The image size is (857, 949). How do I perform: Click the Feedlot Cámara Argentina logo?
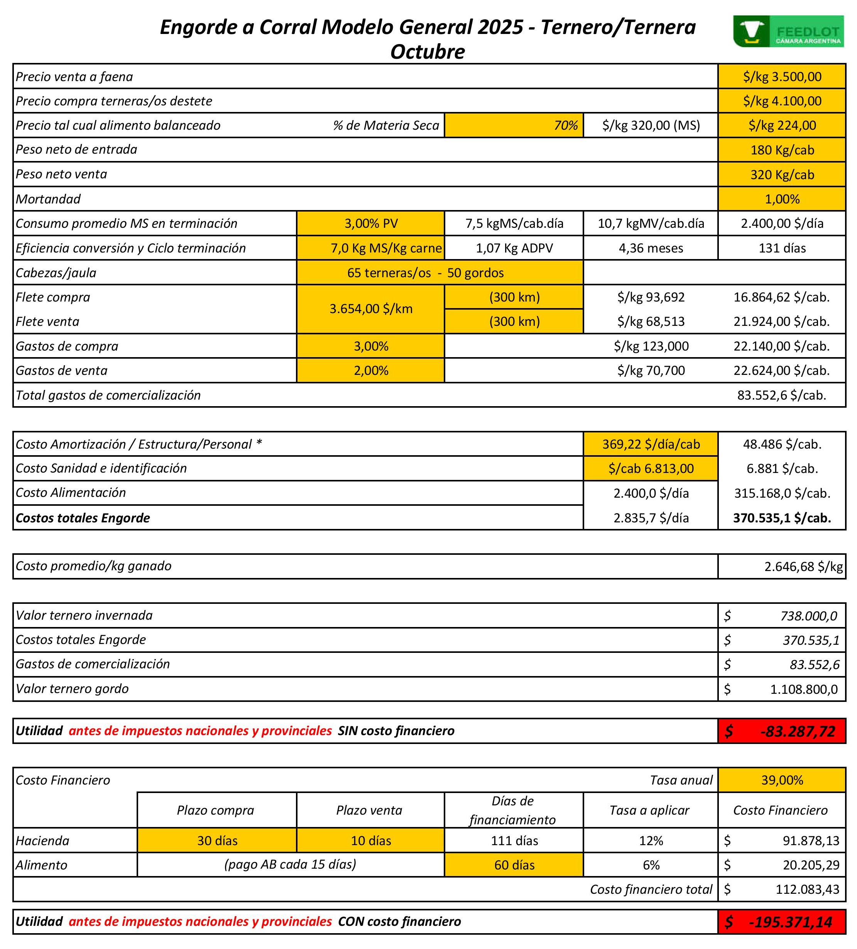pyautogui.click(x=788, y=32)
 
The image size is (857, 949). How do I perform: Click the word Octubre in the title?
pyautogui.click(x=427, y=51)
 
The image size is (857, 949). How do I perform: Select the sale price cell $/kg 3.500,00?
pyautogui.click(x=782, y=77)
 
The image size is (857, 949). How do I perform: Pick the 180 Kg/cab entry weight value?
pyautogui.click(x=782, y=150)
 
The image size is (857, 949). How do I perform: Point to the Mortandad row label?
pyautogui.click(x=49, y=199)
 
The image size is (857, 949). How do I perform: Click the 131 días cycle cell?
pyautogui.click(x=782, y=248)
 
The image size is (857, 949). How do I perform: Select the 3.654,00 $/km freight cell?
pyautogui.click(x=371, y=309)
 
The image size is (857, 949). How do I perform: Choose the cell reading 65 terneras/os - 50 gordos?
pyautogui.click(x=425, y=273)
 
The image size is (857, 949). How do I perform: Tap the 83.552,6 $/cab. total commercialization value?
pyautogui.click(x=781, y=395)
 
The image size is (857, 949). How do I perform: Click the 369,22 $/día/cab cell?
pyautogui.click(x=651, y=444)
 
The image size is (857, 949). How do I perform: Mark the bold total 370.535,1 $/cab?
pyautogui.click(x=782, y=518)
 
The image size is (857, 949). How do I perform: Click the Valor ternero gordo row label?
pyautogui.click(x=73, y=689)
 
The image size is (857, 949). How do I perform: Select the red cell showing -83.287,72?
pyautogui.click(x=782, y=731)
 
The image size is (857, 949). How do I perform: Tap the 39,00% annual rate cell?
pyautogui.click(x=782, y=780)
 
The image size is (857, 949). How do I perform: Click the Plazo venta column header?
pyautogui.click(x=369, y=810)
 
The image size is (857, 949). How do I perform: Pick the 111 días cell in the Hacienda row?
pyautogui.click(x=514, y=840)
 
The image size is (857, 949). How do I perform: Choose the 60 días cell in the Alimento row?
pyautogui.click(x=514, y=865)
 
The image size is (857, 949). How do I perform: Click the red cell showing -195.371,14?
pyautogui.click(x=782, y=922)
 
